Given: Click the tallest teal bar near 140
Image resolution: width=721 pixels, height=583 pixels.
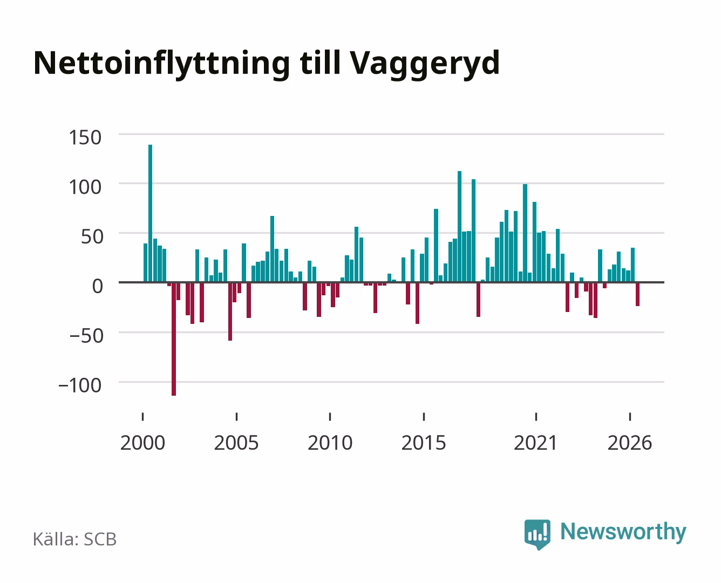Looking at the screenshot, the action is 150,213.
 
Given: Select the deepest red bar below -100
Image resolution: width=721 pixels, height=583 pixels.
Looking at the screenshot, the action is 174,338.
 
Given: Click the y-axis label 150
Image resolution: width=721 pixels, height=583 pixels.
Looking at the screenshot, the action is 85,138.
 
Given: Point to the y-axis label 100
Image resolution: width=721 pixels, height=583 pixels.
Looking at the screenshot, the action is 85,187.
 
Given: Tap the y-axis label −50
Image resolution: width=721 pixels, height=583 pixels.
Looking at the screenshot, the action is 86,336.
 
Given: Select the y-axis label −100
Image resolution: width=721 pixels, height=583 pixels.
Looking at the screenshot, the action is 80,385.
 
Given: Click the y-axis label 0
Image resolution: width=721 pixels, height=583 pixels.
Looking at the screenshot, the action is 98,286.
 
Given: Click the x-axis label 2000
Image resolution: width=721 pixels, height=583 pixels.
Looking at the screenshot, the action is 142,443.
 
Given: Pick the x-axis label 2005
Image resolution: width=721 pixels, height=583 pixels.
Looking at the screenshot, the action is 236,443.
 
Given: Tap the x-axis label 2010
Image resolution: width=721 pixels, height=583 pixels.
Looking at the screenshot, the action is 330,443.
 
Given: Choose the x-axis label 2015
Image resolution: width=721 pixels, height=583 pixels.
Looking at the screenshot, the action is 424,443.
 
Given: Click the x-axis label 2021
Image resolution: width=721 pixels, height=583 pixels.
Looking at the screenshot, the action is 535,443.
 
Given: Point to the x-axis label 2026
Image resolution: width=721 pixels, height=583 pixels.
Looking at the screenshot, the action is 630,443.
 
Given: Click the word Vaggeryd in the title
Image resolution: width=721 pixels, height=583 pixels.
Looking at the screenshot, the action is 425,64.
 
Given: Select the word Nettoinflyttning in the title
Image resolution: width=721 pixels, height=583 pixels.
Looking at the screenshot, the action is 162,64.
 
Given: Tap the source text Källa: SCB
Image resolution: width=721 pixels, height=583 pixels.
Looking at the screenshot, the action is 75,539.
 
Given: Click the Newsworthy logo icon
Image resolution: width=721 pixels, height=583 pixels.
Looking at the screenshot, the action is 537,534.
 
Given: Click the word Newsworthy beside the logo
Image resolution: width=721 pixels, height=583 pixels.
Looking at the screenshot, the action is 623,532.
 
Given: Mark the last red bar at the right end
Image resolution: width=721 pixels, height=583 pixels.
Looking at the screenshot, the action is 638,294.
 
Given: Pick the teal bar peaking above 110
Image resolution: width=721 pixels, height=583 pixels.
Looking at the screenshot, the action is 459,227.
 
